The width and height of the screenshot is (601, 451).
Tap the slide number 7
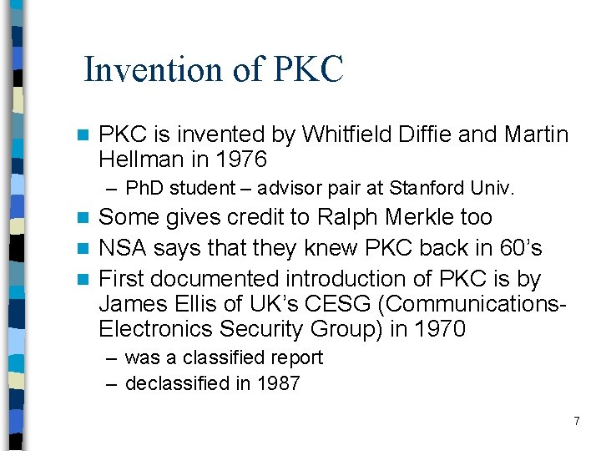pos(576,421)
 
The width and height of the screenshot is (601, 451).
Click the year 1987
pos(277,383)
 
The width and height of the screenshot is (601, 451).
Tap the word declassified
pos(176,383)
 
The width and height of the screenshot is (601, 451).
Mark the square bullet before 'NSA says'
pos(82,249)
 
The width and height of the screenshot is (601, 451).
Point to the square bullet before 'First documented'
pos(82,279)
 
